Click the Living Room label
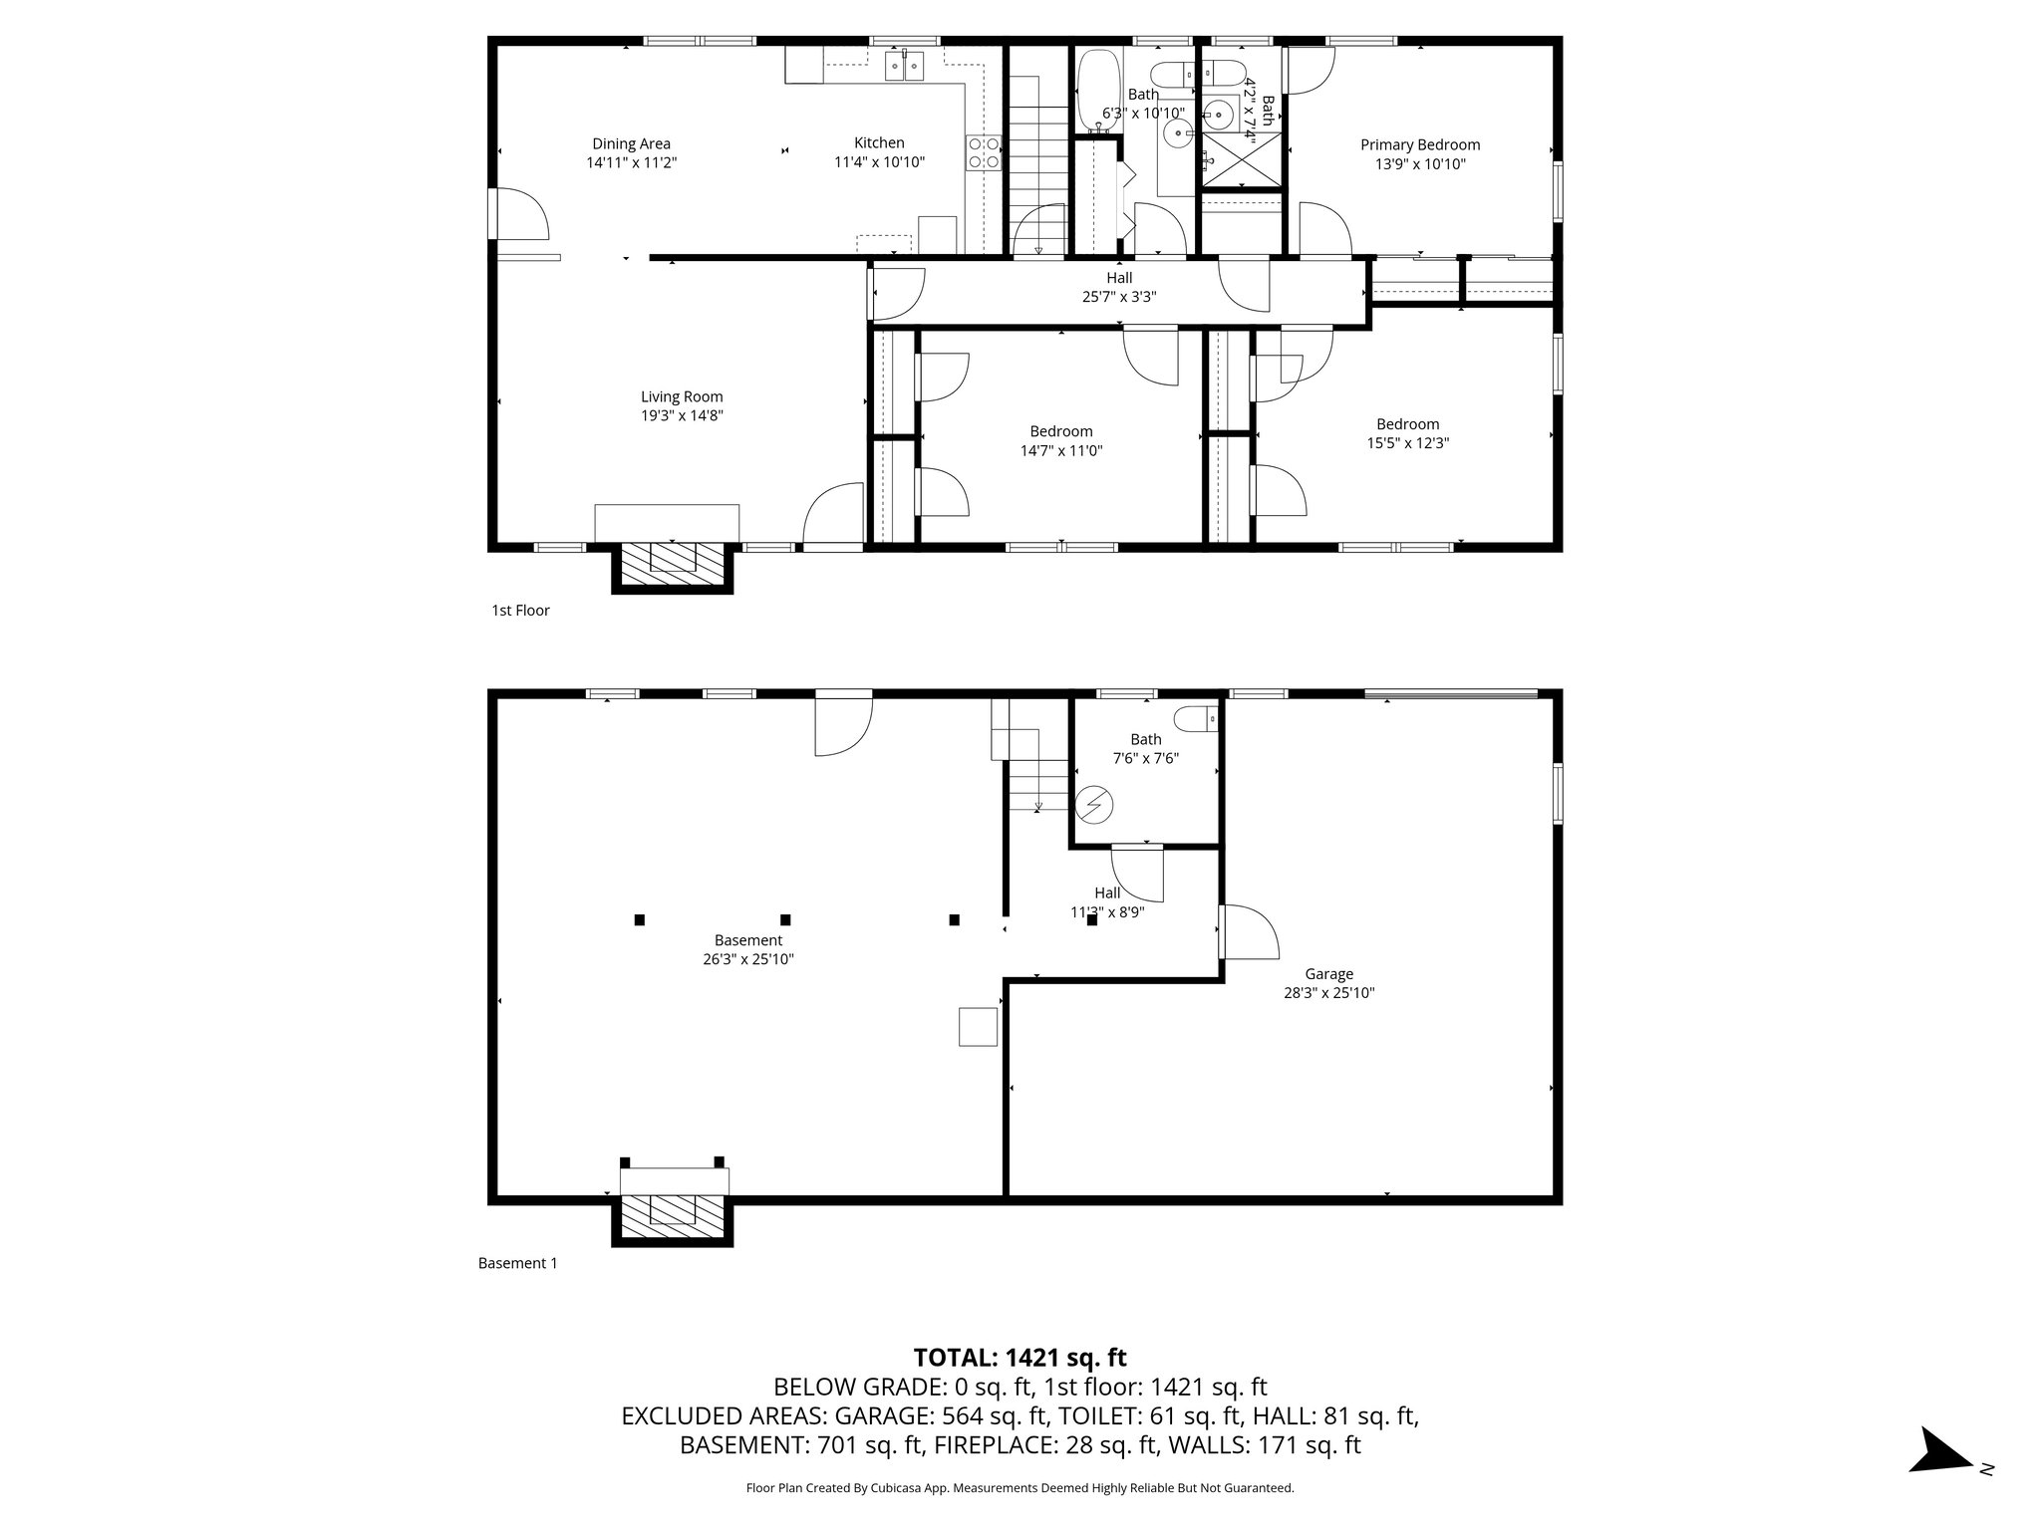[682, 396]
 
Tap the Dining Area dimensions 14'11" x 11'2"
[631, 163]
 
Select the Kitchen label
[879, 142]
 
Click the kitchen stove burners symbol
[984, 153]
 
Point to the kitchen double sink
[208, 67]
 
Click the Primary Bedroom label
[1419, 144]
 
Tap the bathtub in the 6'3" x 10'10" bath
[1098, 91]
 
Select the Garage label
[1328, 974]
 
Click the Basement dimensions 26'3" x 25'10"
[747, 959]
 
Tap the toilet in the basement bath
[1196, 717]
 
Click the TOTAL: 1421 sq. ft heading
[1020, 1358]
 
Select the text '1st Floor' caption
[520, 611]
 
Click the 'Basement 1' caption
[517, 1263]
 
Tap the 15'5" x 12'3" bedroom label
[1407, 433]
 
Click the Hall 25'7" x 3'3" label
[1118, 287]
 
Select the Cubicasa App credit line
[1020, 1488]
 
